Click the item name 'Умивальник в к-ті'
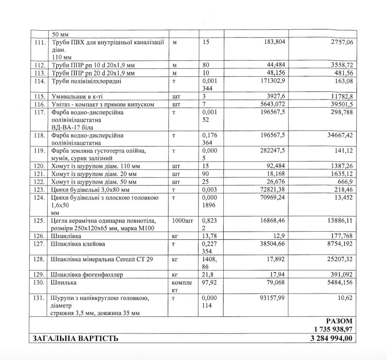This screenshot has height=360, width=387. (x=76, y=96)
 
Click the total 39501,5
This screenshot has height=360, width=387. (x=341, y=104)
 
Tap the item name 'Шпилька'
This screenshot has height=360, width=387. (x=63, y=282)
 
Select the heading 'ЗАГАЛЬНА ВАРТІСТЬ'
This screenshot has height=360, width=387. (x=76, y=338)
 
